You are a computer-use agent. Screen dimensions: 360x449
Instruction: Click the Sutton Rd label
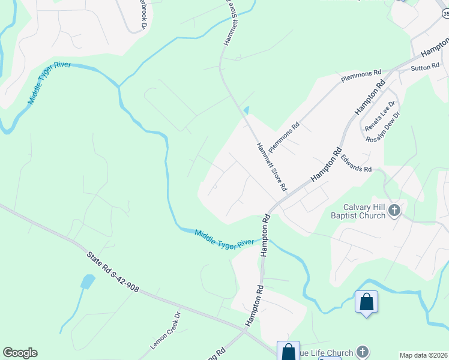pyautogui.click(x=425, y=68)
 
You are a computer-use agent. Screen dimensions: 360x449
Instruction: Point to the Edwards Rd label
pyautogui.click(x=356, y=164)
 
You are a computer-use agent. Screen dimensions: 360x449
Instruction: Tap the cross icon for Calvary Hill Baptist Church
pyautogui.click(x=394, y=210)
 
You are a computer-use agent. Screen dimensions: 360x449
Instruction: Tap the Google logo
pyautogui.click(x=20, y=353)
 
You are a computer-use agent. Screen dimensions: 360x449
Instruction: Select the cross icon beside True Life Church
pyautogui.click(x=362, y=352)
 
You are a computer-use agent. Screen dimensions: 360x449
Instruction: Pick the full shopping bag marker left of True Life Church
pyautogui.click(x=288, y=351)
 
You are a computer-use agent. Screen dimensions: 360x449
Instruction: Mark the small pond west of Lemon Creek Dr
pyautogui.click(x=88, y=281)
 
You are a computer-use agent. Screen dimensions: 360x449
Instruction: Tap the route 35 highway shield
pyautogui.click(x=444, y=13)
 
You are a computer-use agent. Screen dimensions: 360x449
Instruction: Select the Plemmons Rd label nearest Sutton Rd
pyautogui.click(x=361, y=77)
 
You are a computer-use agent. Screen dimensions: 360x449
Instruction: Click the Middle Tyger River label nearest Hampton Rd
pyautogui.click(x=224, y=238)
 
